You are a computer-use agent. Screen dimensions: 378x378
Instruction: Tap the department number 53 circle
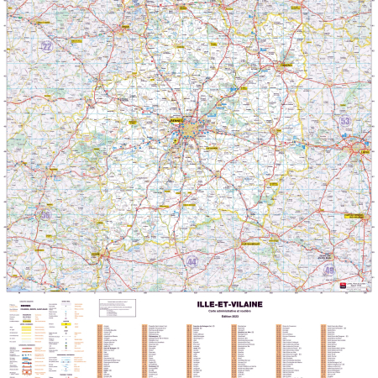pos(344,121)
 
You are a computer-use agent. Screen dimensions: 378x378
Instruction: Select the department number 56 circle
pos(45,215)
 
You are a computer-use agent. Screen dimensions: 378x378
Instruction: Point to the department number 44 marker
pos(169,262)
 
